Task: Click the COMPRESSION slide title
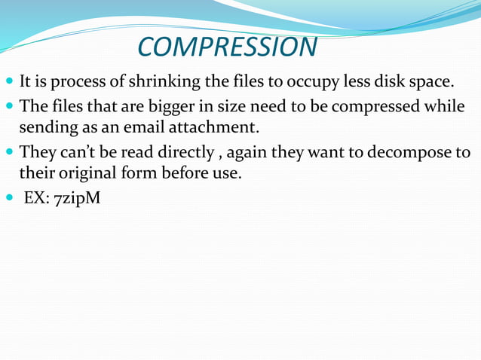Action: click(227, 47)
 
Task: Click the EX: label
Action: click(38, 201)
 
